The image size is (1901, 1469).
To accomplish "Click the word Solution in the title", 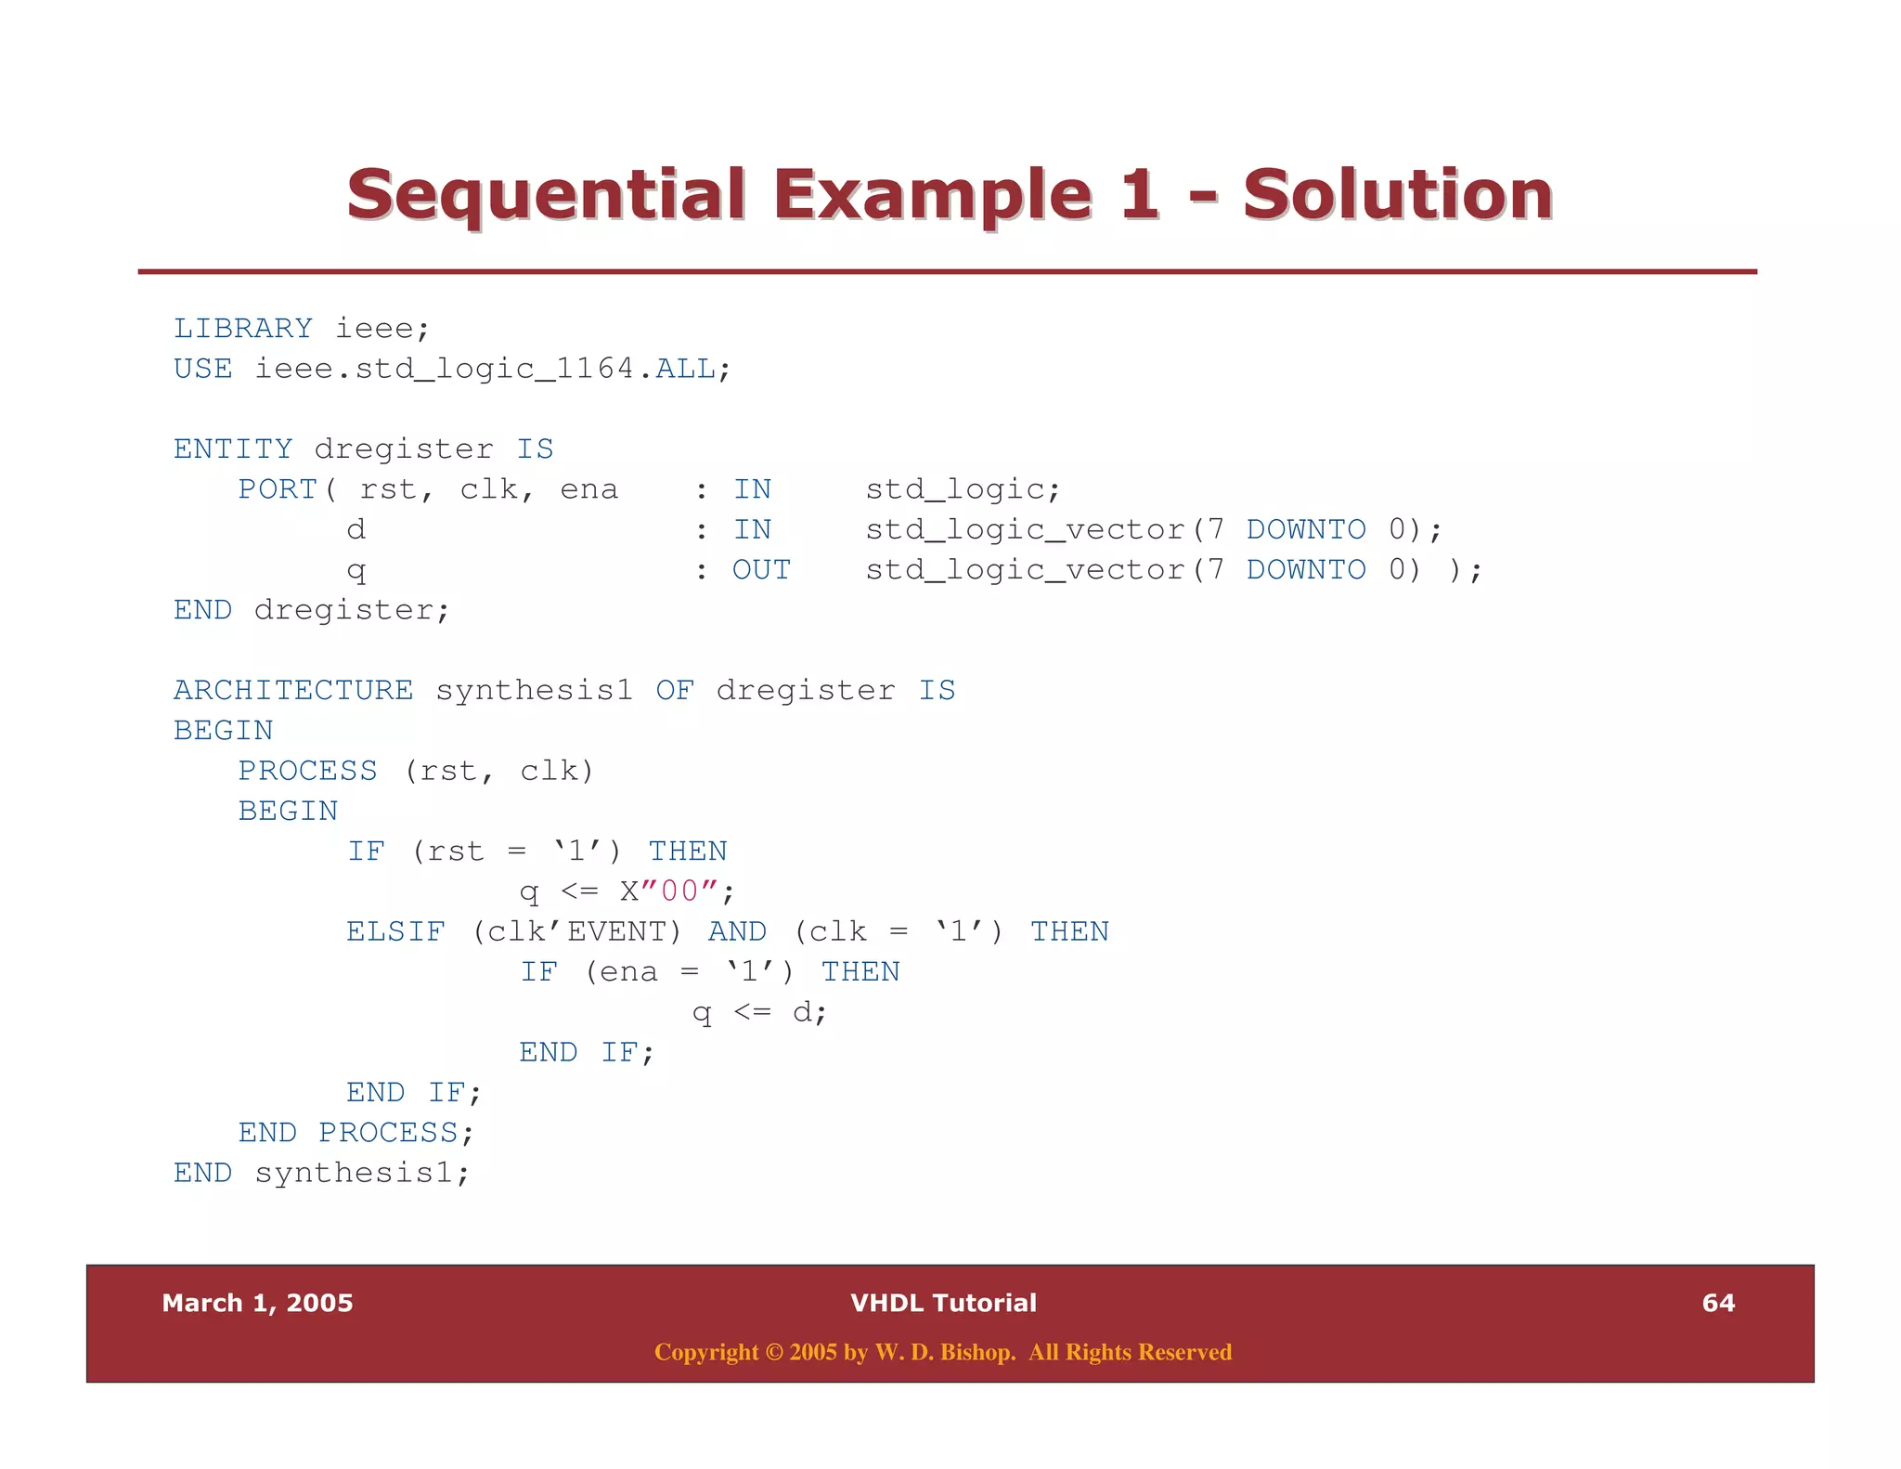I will coord(1397,195).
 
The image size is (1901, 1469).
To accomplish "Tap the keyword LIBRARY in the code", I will coord(243,329).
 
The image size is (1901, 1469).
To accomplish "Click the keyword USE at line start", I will coord(202,369).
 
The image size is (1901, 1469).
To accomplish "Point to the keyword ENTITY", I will coord(233,449).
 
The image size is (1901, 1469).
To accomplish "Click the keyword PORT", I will coord(278,489).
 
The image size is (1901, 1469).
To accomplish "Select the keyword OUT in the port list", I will coord(761,570).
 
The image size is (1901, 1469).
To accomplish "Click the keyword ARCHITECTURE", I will coord(293,691).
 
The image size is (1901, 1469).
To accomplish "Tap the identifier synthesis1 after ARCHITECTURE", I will coord(534,691).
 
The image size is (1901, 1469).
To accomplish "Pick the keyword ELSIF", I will coord(395,931).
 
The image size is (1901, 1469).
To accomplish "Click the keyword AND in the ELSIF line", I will coord(737,931).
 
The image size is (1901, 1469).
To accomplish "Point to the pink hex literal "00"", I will coord(679,891).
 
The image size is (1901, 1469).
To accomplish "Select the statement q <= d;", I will coord(759,1012).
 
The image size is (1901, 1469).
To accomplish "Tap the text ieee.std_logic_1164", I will coord(446,369).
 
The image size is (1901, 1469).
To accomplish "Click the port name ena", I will coord(588,489).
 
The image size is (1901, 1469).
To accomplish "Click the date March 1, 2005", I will coord(257,1303).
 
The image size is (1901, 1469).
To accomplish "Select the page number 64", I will coord(1717,1303).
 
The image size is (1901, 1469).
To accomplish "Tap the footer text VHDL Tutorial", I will coord(943,1303).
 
